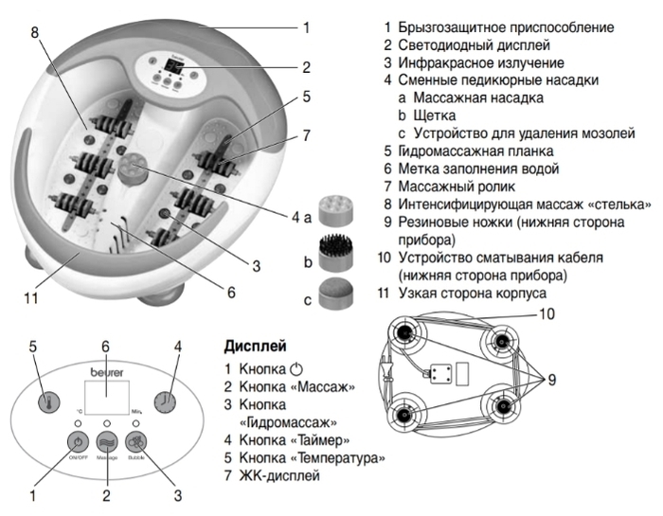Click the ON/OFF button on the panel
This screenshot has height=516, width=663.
pos(75,441)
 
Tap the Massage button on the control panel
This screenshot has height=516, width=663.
pos(106,442)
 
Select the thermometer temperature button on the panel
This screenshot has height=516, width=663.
pos(44,400)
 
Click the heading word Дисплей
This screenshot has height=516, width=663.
pos(255,345)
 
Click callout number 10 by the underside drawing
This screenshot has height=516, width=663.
pos(548,313)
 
